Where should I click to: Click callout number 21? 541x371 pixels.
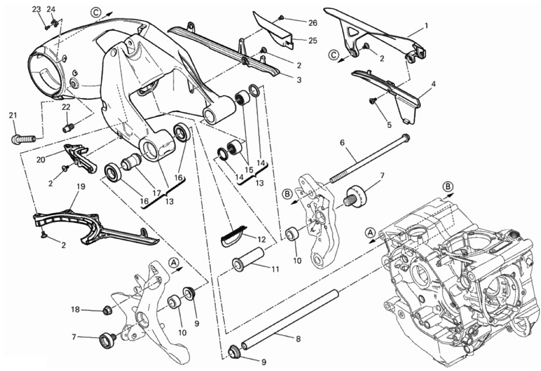(x=13, y=115)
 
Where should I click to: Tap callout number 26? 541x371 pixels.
(x=313, y=23)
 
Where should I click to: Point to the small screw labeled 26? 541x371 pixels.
(x=281, y=18)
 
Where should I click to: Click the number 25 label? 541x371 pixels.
(x=313, y=41)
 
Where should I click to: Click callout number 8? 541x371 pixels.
(x=298, y=339)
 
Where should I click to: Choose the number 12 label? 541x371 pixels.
(x=262, y=239)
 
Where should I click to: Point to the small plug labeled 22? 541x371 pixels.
(x=70, y=128)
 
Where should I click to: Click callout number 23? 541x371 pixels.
(x=37, y=10)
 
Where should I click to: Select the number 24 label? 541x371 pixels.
(x=51, y=10)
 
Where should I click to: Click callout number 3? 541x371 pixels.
(x=299, y=80)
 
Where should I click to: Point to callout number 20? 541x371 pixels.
(x=41, y=160)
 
